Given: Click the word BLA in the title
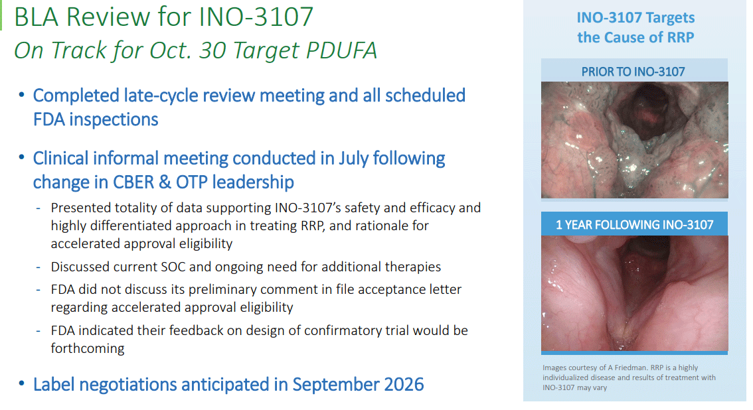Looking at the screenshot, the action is (37, 17).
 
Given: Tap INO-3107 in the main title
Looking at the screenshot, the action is (256, 17).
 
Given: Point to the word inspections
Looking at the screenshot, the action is (114, 119).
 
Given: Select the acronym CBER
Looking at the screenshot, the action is (132, 182).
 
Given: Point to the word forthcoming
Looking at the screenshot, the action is (88, 348).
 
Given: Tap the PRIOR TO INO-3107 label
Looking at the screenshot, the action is (633, 72).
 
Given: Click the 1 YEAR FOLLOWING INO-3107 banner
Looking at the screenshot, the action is (634, 224).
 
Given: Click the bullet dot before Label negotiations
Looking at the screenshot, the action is (21, 383).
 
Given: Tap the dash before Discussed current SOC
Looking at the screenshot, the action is (39, 267).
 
